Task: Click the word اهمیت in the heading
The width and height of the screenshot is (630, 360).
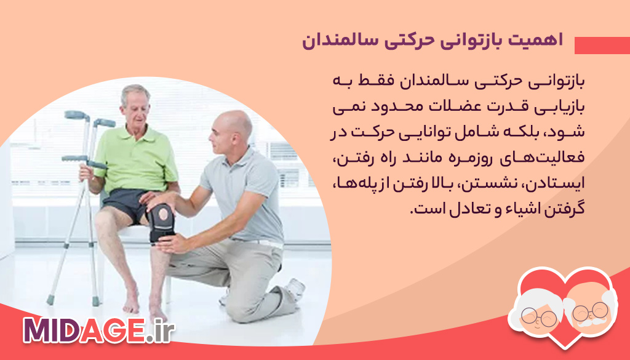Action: point(540,42)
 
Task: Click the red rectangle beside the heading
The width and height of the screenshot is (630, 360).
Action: point(602,46)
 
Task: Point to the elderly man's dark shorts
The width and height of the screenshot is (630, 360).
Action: point(126,203)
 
